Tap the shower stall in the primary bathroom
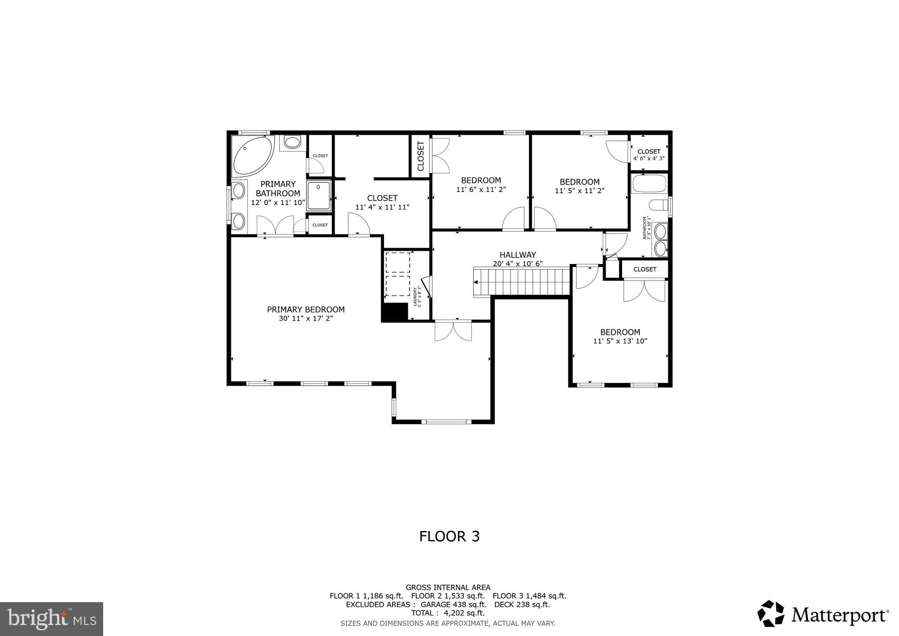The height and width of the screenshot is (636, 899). pyautogui.click(x=319, y=195)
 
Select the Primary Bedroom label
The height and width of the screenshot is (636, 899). pyautogui.click(x=306, y=310)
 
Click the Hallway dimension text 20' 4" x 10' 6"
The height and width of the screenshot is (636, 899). pyautogui.click(x=518, y=264)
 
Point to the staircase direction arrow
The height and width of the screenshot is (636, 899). pyautogui.click(x=476, y=282)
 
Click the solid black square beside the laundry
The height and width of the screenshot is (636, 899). pyautogui.click(x=395, y=312)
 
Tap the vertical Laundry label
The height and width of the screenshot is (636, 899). pyautogui.click(x=417, y=296)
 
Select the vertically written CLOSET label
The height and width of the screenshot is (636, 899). pyautogui.click(x=421, y=156)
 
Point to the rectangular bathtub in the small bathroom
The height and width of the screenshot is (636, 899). pyautogui.click(x=649, y=184)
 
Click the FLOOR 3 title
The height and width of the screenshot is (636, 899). pyautogui.click(x=449, y=536)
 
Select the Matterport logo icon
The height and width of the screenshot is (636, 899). pyautogui.click(x=770, y=613)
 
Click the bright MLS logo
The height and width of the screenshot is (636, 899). pyautogui.click(x=52, y=619)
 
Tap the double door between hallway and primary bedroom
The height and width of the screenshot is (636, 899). pyautogui.click(x=453, y=330)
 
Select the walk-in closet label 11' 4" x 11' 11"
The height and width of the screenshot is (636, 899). pyautogui.click(x=382, y=207)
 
